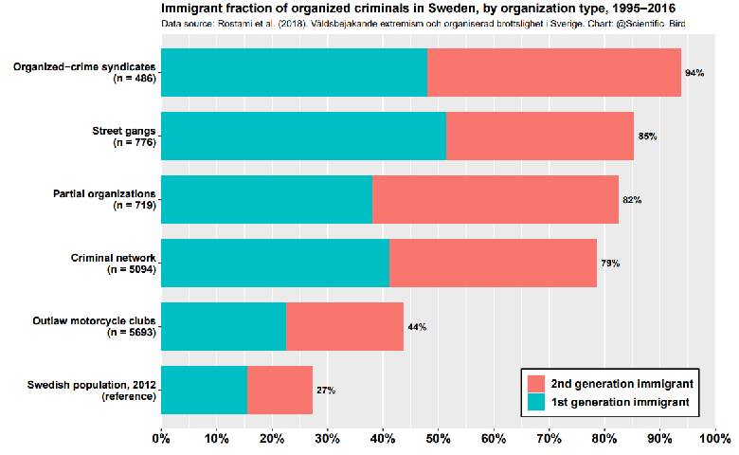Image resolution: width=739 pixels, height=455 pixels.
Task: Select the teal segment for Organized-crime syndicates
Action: coord(294,72)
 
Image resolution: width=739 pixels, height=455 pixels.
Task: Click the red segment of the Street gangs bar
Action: coord(539,136)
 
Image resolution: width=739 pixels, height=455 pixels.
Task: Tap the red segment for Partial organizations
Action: coord(495,199)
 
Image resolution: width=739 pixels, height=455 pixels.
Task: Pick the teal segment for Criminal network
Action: coord(275,263)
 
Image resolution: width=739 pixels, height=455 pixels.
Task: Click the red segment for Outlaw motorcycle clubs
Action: coord(344,326)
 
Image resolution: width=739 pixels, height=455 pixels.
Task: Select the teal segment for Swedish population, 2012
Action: coord(204,390)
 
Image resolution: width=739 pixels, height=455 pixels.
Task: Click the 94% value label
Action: coord(694,73)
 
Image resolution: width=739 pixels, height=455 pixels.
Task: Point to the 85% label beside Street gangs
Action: coord(647,136)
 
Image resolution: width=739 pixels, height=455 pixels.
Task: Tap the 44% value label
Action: coord(417,327)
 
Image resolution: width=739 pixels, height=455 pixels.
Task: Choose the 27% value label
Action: coord(326,391)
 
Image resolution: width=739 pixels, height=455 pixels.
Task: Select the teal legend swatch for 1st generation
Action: coord(535,403)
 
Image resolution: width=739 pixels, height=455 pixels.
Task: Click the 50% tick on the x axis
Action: coord(439,438)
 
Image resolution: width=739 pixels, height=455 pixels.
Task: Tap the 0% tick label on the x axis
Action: coord(161,438)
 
